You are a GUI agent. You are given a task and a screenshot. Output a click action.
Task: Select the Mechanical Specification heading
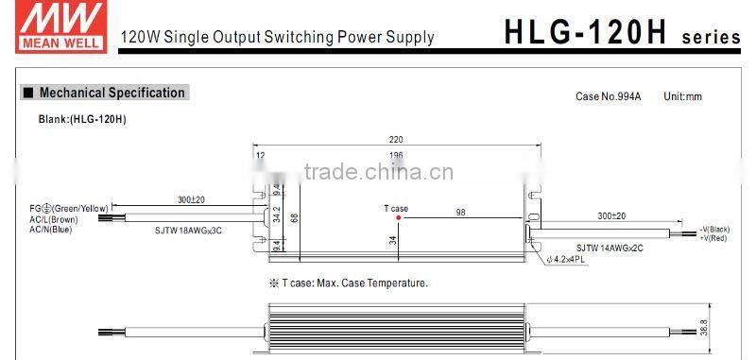pyautogui.click(x=112, y=93)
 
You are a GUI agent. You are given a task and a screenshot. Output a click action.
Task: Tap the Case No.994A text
pyautogui.click(x=608, y=97)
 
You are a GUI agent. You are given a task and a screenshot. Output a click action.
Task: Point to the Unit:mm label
pyautogui.click(x=682, y=97)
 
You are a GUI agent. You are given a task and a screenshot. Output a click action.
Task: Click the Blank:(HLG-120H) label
pyautogui.click(x=82, y=119)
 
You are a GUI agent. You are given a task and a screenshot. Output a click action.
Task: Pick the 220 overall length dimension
pyautogui.click(x=395, y=138)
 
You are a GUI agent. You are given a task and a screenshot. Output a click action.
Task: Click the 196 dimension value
pyautogui.click(x=396, y=156)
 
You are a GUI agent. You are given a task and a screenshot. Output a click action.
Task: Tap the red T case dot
pyautogui.click(x=398, y=217)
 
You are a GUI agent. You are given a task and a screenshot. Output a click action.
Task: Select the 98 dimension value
pyautogui.click(x=460, y=212)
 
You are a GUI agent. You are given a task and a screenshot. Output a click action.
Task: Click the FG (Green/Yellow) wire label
pyautogui.click(x=68, y=208)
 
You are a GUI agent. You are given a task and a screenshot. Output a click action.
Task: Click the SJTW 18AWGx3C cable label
pyautogui.click(x=189, y=230)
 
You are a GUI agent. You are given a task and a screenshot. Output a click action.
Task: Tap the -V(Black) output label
pyautogui.click(x=714, y=230)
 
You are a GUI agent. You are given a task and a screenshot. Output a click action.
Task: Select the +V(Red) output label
pyautogui.click(x=713, y=239)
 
